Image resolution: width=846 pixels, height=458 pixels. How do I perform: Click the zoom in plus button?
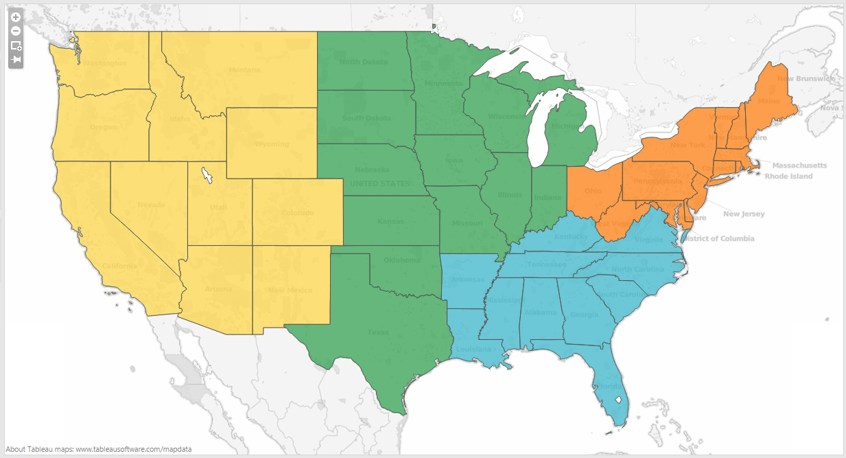(x=16, y=16)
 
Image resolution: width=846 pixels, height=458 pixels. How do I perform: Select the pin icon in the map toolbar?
(x=16, y=60)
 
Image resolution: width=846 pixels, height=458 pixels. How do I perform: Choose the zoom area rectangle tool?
(x=16, y=45)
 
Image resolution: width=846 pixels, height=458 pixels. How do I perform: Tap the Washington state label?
(x=106, y=63)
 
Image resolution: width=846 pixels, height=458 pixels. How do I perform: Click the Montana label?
(x=244, y=70)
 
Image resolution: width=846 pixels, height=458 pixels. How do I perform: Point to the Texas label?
(x=377, y=332)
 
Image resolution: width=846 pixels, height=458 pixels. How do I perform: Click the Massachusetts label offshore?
(x=799, y=165)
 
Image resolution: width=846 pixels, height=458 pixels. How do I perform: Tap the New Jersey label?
(x=744, y=214)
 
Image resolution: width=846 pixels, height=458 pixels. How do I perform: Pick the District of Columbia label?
(x=716, y=239)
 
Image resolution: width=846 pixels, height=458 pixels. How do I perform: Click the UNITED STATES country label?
(x=381, y=183)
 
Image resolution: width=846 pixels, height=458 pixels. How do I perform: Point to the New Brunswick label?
(x=806, y=79)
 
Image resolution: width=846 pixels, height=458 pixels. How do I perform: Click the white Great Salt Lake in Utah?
(x=206, y=176)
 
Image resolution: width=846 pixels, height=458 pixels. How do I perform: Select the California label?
(x=120, y=266)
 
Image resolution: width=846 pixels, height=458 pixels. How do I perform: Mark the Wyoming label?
(x=272, y=144)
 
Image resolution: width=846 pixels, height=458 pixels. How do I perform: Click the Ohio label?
(x=594, y=191)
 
